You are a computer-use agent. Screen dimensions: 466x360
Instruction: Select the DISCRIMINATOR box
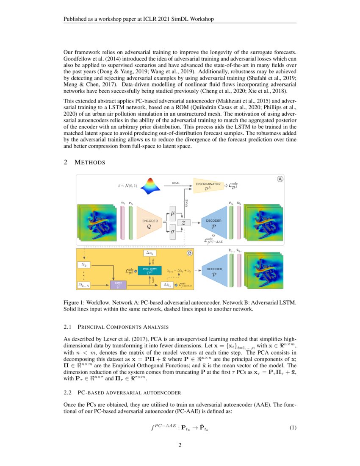coord(208,186)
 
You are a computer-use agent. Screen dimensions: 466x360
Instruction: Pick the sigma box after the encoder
coord(172,231)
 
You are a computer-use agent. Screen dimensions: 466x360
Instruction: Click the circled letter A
coord(280,179)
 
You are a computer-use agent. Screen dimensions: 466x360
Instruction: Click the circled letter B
coord(189,253)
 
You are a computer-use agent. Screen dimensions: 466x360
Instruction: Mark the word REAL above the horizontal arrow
coord(176,183)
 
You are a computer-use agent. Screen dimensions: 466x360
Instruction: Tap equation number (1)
coord(293,427)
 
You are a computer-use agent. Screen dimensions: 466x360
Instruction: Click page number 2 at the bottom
coord(180,445)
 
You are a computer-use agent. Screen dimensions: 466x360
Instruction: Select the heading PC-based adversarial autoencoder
coord(123,393)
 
